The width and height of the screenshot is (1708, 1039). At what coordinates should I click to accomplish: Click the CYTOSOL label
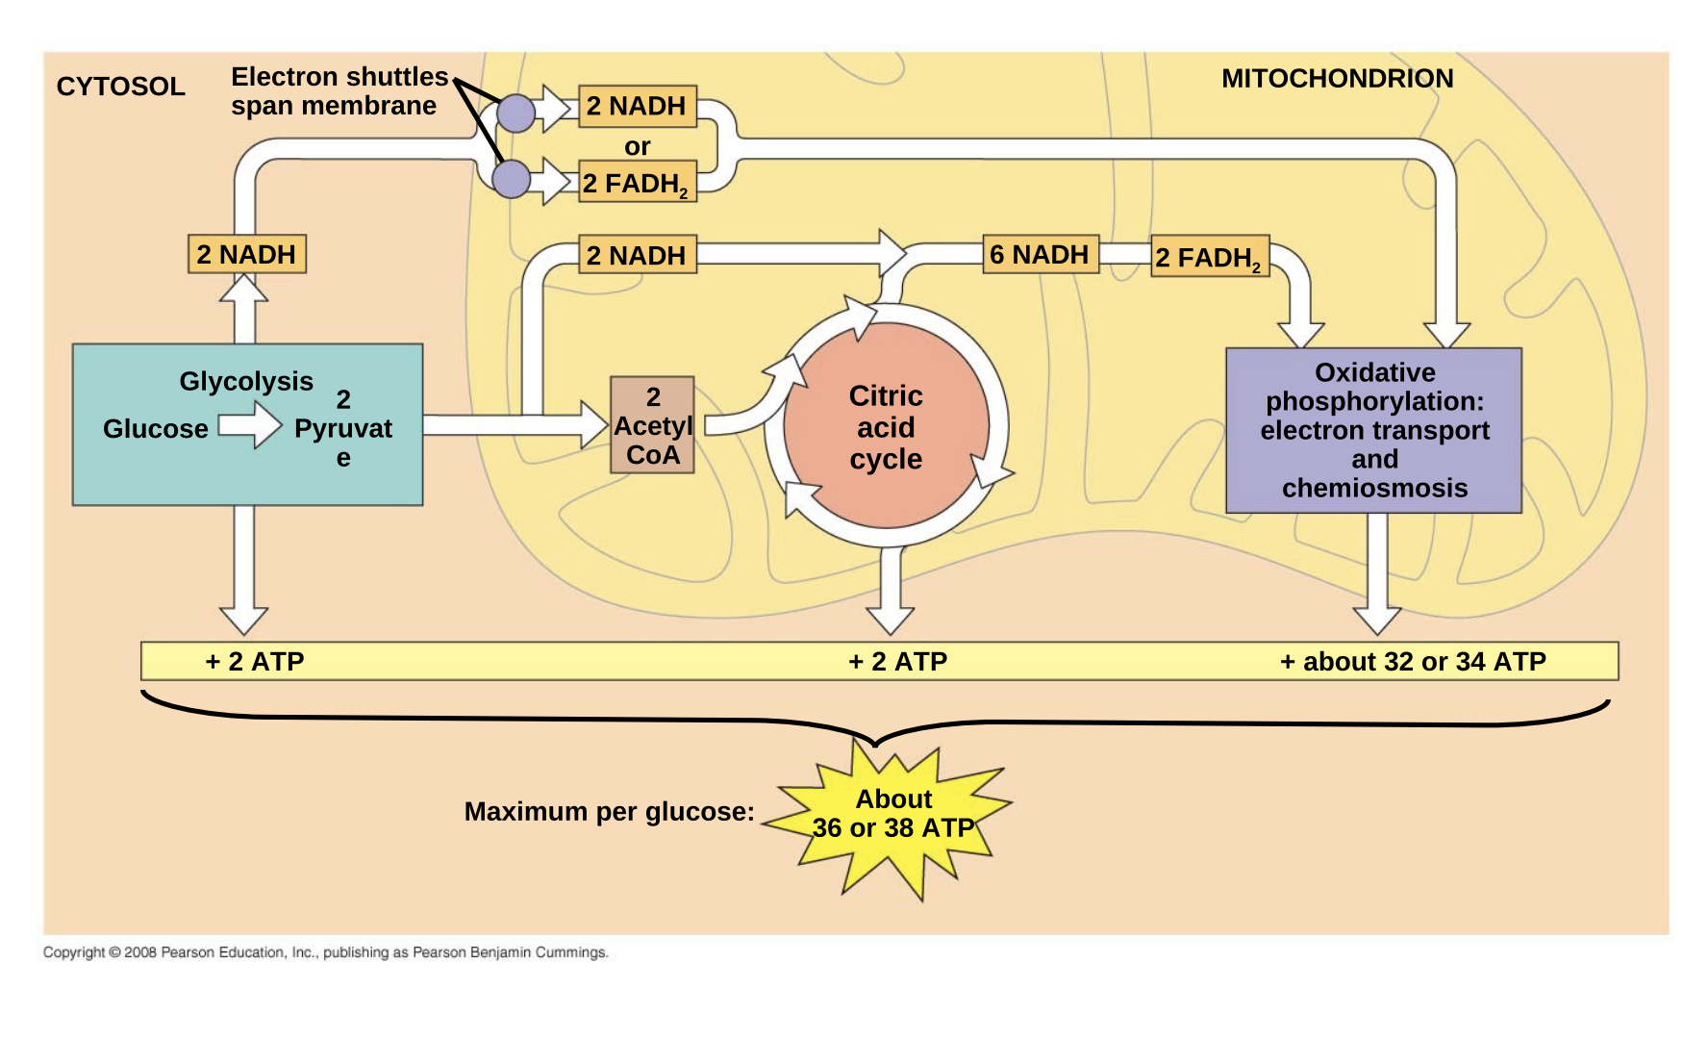click(x=120, y=87)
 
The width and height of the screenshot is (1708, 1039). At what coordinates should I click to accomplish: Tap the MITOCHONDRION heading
click(x=1337, y=79)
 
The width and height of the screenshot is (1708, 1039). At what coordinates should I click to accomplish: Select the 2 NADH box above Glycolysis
click(x=247, y=255)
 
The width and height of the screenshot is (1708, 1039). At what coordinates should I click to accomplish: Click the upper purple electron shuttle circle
click(x=515, y=114)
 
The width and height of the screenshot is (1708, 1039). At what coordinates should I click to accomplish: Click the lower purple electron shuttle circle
click(x=511, y=179)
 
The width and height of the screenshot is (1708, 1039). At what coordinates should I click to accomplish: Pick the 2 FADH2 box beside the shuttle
click(x=637, y=183)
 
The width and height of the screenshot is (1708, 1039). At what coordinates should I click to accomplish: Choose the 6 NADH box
click(x=1040, y=255)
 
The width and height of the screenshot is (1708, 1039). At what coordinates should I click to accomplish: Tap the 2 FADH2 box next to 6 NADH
click(x=1209, y=257)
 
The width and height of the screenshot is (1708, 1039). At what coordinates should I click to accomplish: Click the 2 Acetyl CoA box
click(x=652, y=425)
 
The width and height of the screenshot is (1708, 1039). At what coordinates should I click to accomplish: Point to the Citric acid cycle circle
click(x=886, y=427)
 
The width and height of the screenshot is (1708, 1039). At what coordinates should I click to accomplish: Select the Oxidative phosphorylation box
click(x=1373, y=430)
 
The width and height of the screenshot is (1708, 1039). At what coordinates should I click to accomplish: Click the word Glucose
click(x=156, y=429)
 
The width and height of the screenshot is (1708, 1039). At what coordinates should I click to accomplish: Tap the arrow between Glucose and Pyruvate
click(x=250, y=425)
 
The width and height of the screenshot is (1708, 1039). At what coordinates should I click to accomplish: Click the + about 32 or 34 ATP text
click(x=1413, y=662)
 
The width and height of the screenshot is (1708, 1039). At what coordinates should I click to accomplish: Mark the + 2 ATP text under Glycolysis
click(x=255, y=662)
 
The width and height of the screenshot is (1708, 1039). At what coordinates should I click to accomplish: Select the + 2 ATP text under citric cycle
click(x=897, y=662)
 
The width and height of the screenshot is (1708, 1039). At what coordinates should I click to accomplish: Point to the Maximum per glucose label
click(x=609, y=812)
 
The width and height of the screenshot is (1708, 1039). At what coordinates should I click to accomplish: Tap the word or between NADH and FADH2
click(x=637, y=146)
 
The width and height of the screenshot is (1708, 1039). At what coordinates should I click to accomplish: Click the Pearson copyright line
click(x=325, y=952)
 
